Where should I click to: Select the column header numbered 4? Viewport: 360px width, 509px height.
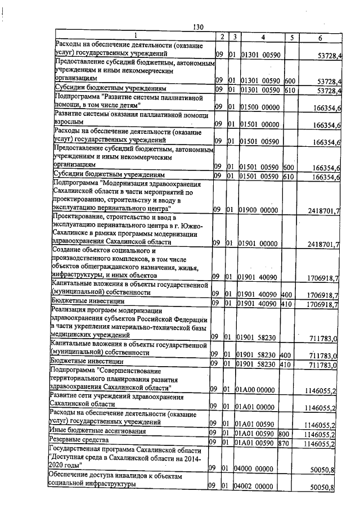[263, 37]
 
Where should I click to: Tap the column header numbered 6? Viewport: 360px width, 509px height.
[319, 38]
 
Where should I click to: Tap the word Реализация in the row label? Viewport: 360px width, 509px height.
[70, 310]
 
